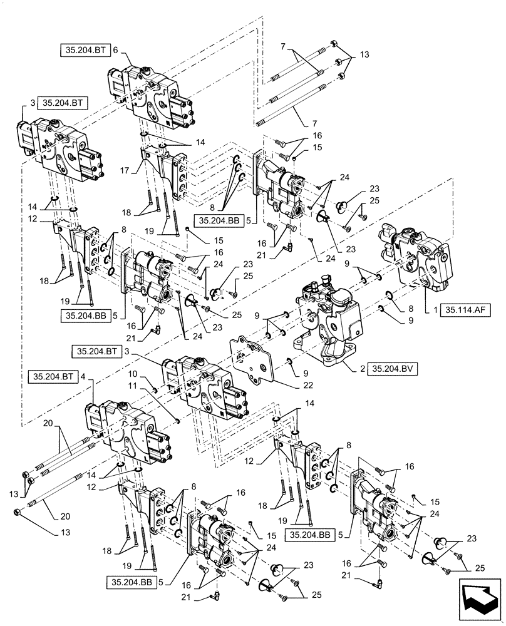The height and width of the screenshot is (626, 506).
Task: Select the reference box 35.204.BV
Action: point(391,369)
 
